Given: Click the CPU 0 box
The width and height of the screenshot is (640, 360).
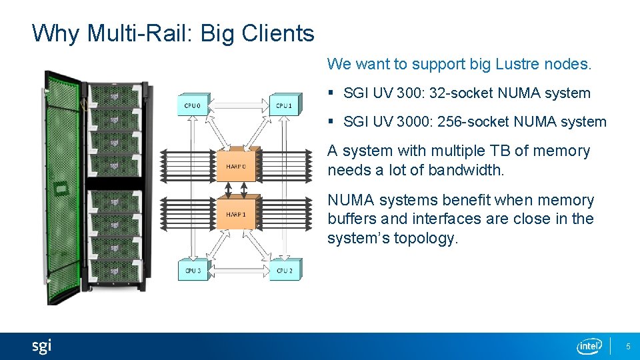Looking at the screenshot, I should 192,105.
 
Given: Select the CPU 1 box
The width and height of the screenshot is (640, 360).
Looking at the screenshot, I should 284,105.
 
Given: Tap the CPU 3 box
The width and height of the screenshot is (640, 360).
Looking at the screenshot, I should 192,270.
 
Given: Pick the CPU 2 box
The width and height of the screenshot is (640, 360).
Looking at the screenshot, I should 284,270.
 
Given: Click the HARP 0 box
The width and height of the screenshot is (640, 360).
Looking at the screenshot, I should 236,165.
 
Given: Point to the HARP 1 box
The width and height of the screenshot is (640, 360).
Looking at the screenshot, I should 236,214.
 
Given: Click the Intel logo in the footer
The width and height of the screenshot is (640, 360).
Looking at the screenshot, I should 589,346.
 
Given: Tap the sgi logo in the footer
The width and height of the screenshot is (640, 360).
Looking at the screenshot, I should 41,346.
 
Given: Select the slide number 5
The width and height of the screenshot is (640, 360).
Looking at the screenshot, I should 627,347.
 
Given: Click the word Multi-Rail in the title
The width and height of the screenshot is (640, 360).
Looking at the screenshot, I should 138,33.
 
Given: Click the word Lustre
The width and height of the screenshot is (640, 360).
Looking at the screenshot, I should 519,64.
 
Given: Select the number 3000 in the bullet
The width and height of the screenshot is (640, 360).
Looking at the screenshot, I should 413,122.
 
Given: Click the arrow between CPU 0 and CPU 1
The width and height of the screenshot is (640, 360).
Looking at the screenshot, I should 238,105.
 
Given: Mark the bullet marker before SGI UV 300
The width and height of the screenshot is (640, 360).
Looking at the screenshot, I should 332,93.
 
